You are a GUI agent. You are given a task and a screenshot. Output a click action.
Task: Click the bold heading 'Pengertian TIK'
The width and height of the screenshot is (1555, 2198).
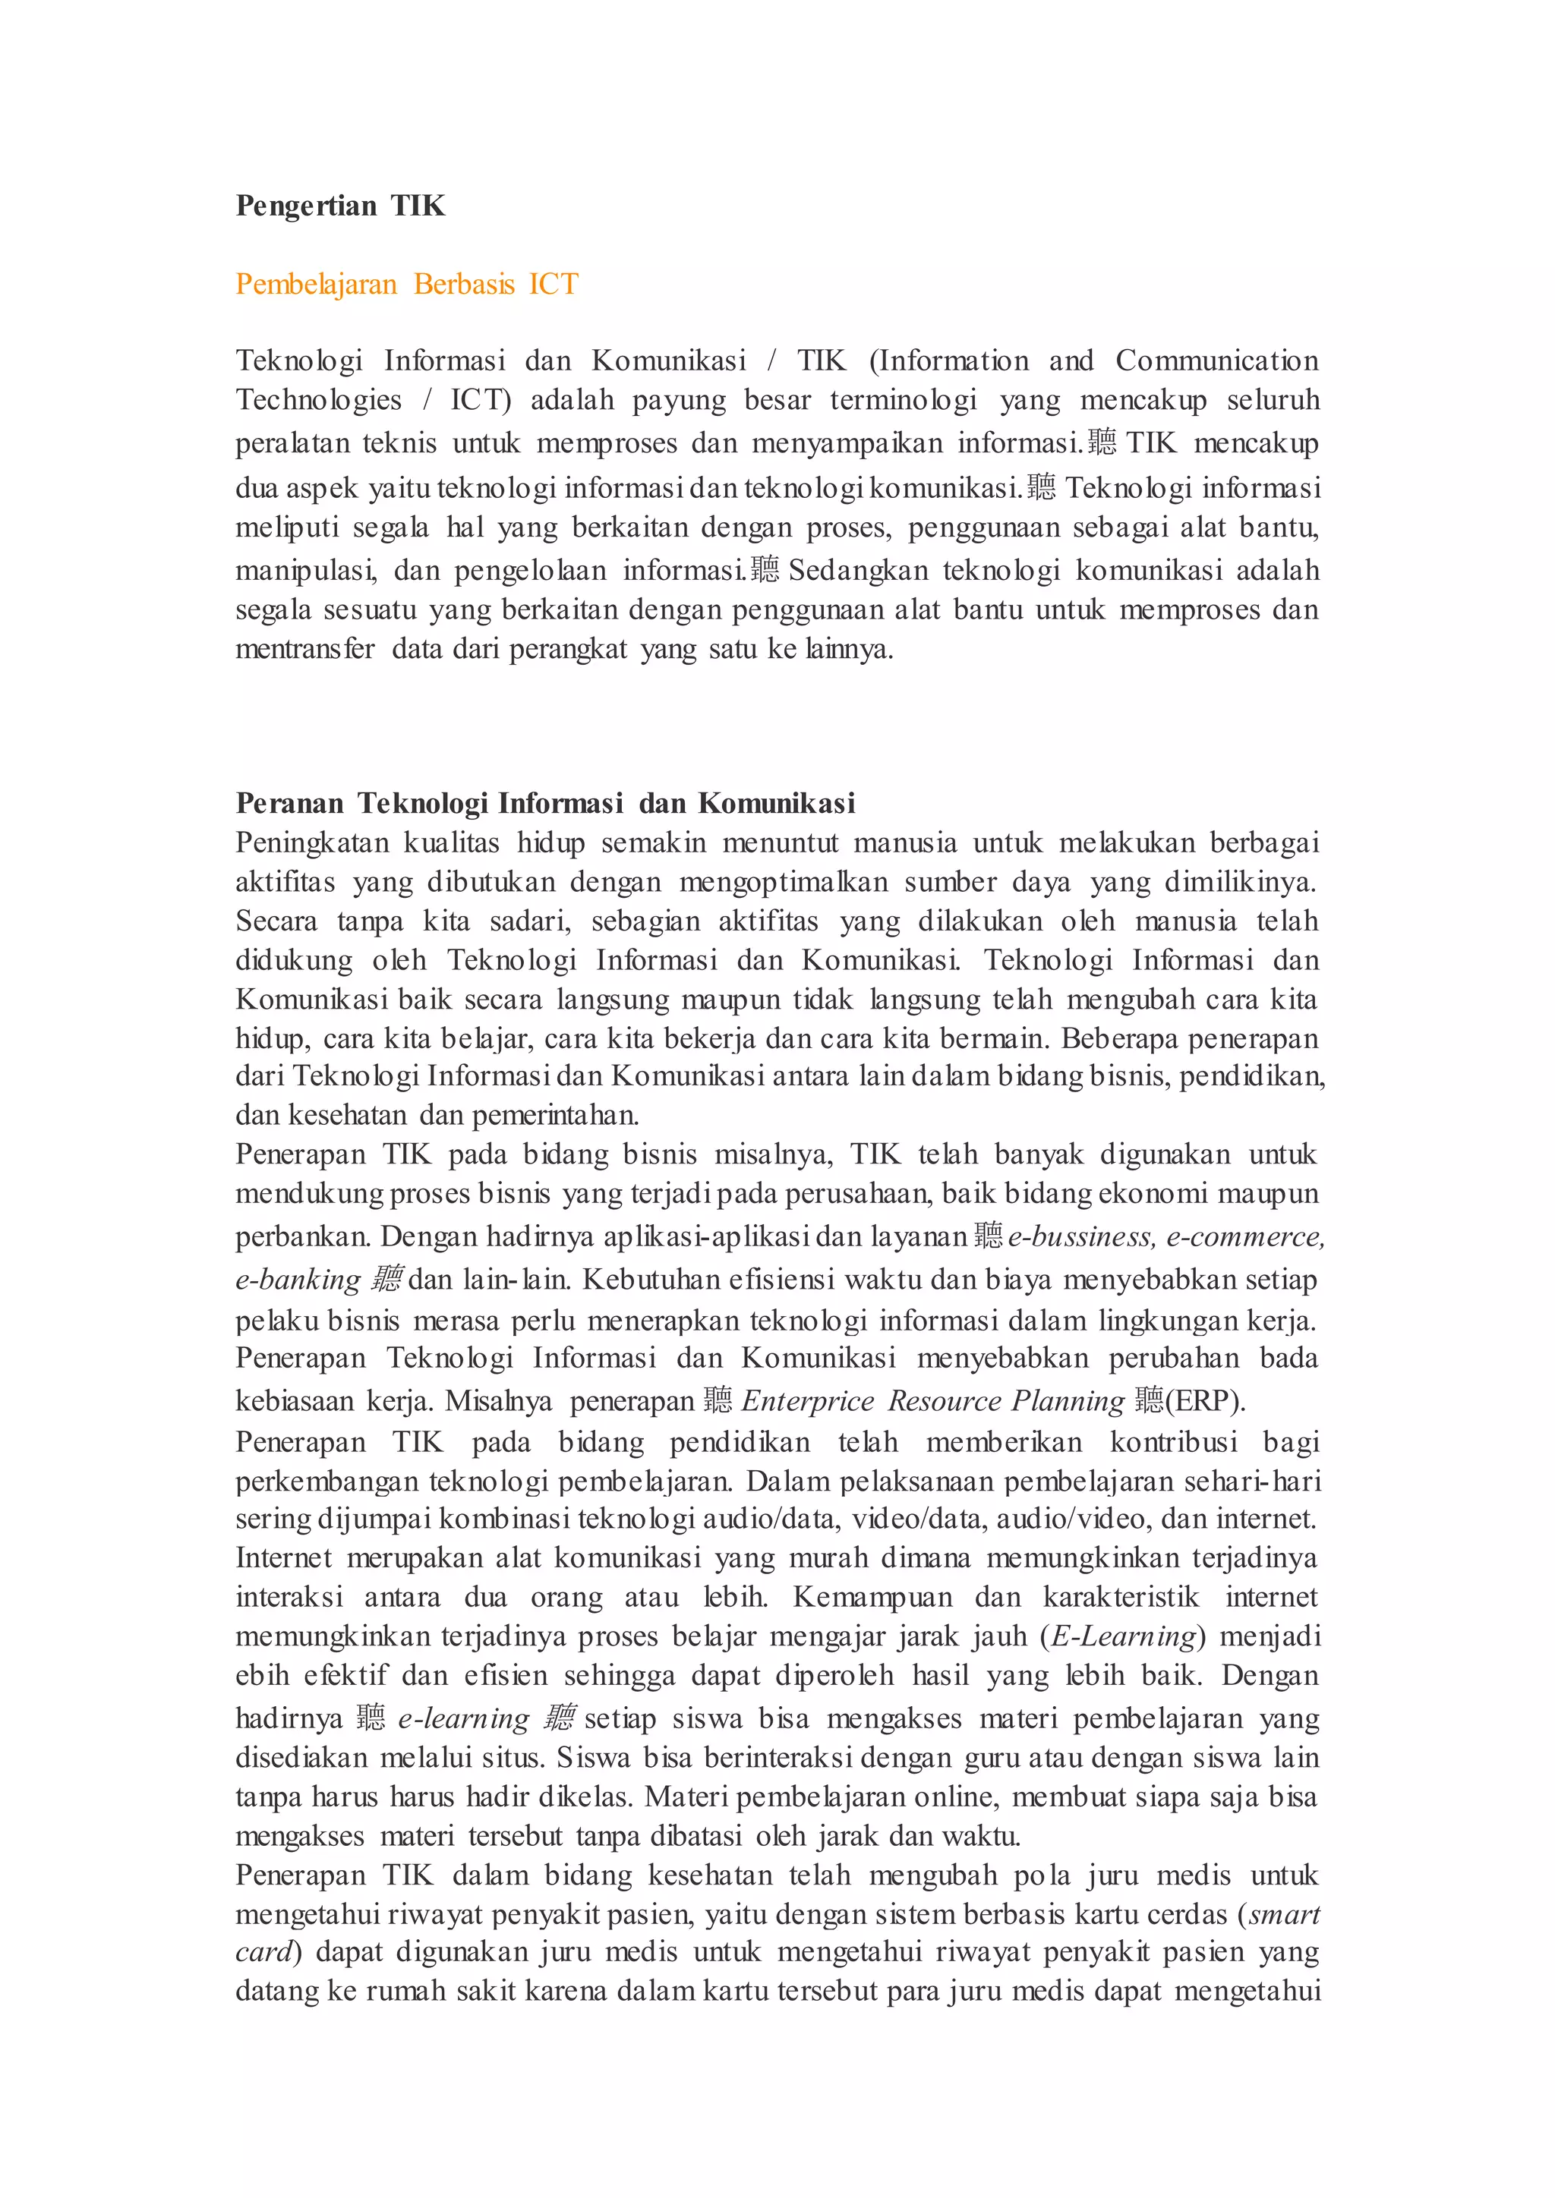coord(340,206)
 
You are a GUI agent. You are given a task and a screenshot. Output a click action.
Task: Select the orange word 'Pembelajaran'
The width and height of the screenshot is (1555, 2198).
coord(316,285)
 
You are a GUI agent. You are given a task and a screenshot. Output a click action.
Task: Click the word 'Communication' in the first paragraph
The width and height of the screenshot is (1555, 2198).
coord(1216,361)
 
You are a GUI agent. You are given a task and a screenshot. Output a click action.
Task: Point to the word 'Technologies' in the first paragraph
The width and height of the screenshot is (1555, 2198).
coord(318,400)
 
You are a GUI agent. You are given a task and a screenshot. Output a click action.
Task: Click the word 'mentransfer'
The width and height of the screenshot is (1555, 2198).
coord(304,649)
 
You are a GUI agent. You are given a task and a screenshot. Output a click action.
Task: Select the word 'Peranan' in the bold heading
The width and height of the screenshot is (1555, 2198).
coord(289,803)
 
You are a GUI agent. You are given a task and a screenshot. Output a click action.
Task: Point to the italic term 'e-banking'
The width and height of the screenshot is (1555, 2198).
coord(298,1280)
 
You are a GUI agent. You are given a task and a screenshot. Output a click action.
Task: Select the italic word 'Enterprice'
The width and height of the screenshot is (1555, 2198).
coord(807,1402)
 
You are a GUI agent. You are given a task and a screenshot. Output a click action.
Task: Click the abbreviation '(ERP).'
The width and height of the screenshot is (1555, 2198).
coord(1204,1402)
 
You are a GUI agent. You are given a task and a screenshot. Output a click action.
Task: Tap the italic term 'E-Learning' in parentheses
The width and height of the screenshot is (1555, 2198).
coord(1124,1636)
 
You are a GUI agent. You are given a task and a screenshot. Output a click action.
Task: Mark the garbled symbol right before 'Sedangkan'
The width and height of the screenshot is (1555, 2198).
coord(765,569)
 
